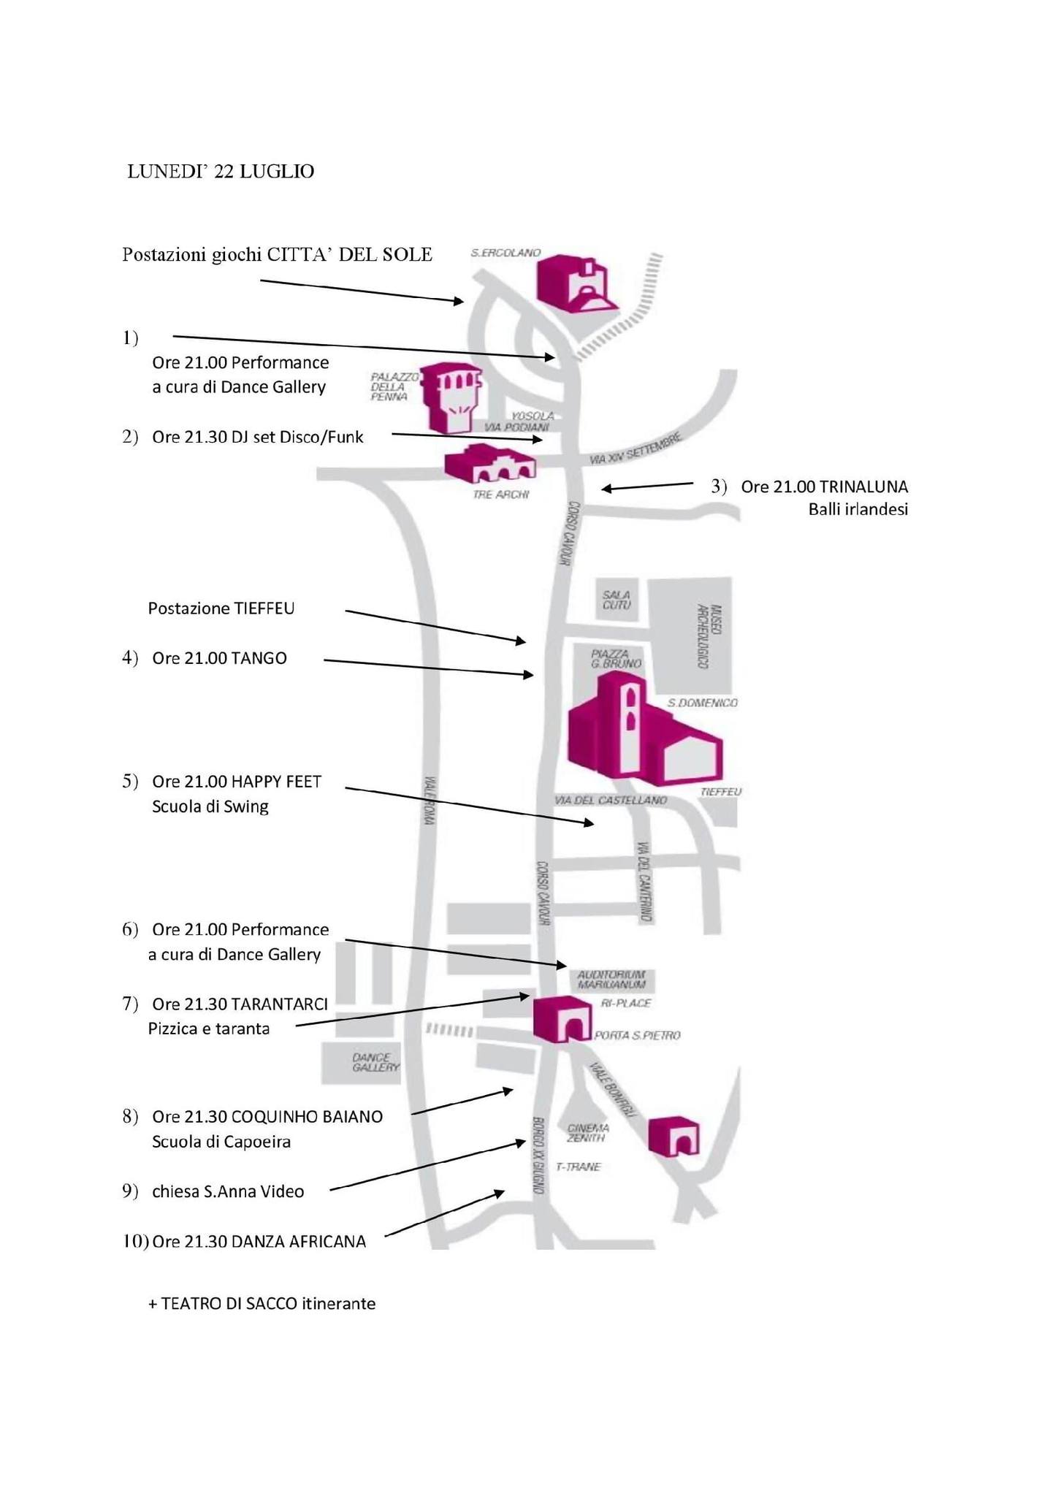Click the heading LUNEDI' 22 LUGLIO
[x=221, y=172]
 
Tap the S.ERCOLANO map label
[x=505, y=253]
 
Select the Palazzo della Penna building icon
[x=453, y=397]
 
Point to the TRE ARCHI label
[x=500, y=495]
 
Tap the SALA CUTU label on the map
[x=617, y=600]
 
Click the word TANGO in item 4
[x=259, y=658]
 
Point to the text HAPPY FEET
[x=276, y=782]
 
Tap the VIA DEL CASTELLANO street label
[x=610, y=800]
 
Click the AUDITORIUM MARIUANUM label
[x=611, y=979]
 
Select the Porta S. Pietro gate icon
[x=561, y=1019]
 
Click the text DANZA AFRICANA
[x=298, y=1242]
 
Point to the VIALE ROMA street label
[x=430, y=801]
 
